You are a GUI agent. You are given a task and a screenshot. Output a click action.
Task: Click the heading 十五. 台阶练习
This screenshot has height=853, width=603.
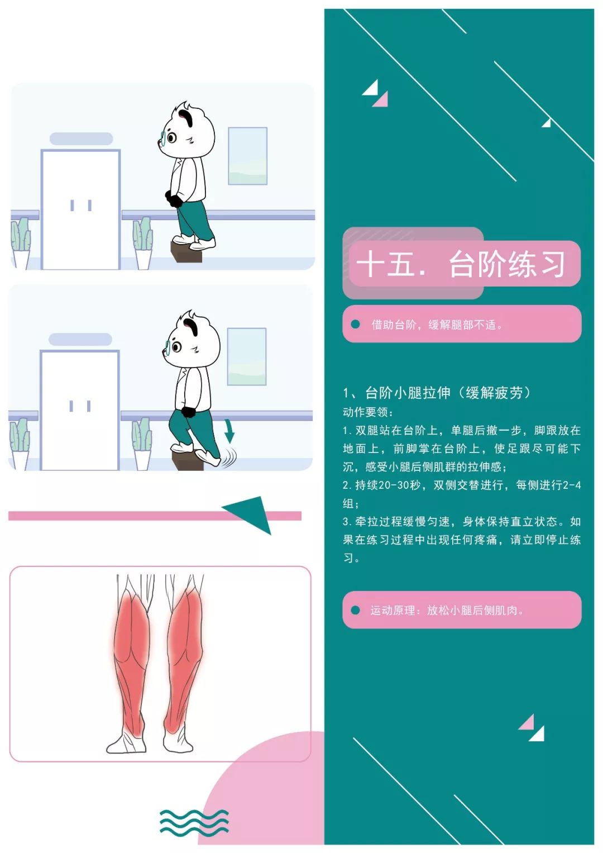461,264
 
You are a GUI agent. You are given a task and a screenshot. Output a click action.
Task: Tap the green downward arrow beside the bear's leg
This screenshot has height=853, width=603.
229,431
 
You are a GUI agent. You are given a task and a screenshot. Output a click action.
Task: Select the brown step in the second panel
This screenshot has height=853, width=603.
187,460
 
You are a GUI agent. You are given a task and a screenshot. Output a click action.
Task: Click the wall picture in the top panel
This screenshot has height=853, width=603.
247,156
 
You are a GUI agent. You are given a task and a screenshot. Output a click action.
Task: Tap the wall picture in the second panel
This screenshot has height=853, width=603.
247,356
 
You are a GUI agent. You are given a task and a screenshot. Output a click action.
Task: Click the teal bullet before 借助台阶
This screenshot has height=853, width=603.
356,324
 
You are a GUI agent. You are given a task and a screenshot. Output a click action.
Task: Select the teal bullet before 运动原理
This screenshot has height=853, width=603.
356,610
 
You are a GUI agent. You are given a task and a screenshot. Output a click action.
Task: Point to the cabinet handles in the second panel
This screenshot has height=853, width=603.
80,406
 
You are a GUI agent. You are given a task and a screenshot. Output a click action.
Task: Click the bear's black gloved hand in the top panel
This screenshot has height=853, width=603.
174,199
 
